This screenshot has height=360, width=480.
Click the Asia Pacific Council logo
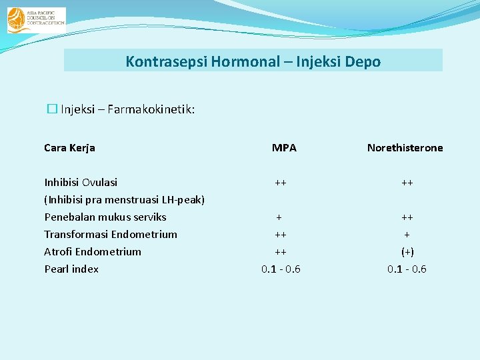[36, 20]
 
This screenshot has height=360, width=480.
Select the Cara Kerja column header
[69, 148]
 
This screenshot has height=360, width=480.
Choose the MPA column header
[284, 148]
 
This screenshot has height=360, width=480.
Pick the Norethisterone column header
[405, 148]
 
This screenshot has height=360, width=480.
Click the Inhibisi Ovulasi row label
[81, 183]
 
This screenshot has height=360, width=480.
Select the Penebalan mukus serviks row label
[105, 217]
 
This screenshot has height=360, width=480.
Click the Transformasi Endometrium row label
[111, 235]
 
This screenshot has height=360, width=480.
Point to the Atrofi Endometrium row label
[93, 252]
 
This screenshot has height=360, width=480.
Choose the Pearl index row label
[71, 269]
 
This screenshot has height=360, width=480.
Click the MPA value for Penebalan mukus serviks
[279, 217]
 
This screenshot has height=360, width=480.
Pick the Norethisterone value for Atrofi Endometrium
[407, 252]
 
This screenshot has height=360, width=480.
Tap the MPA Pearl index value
[280, 269]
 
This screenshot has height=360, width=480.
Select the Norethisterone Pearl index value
[407, 269]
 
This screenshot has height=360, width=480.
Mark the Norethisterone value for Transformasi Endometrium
[407, 235]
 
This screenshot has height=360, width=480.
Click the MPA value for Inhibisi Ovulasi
[280, 183]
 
